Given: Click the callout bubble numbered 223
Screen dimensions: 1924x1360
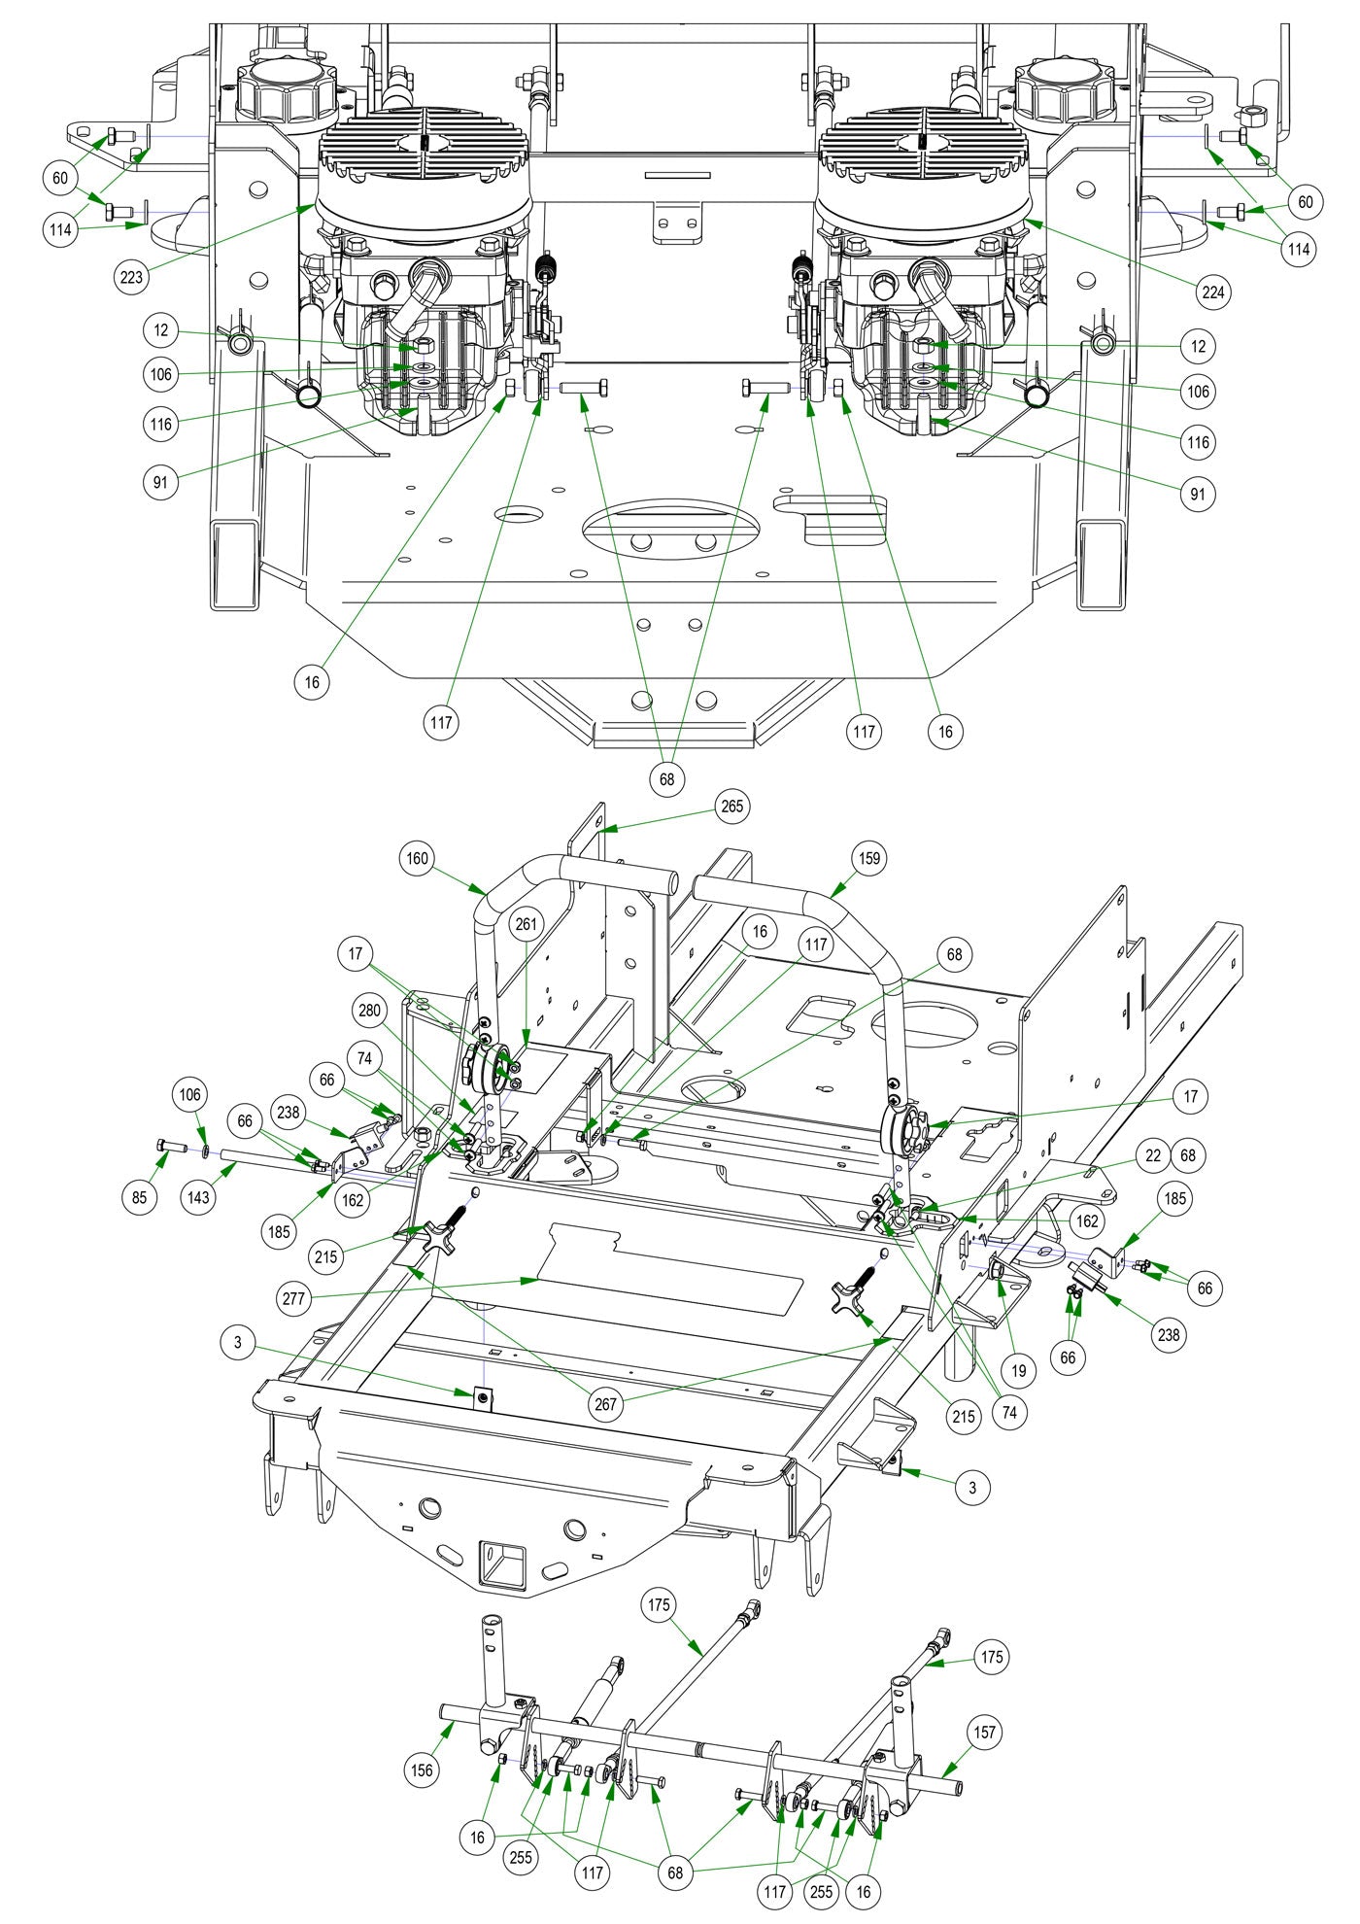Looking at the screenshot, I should [131, 277].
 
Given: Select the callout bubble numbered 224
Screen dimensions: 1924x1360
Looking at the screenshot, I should [1213, 292].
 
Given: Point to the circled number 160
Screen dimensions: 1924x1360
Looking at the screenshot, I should [418, 858].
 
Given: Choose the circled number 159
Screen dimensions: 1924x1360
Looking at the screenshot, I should [868, 858].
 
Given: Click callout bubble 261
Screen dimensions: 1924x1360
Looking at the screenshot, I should [526, 923].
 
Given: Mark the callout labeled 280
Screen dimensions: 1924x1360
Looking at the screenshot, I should [369, 1011].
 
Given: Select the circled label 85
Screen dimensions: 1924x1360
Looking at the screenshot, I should [140, 1197].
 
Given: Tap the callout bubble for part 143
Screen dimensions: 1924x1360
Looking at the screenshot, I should [198, 1197].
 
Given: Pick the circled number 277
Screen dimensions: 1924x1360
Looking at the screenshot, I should [294, 1298].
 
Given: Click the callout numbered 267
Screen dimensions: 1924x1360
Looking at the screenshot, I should [605, 1403].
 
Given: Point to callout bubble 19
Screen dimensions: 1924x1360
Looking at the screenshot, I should [1019, 1371].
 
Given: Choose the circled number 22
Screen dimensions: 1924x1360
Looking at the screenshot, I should [1153, 1156].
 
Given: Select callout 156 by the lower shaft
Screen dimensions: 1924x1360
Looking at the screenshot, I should [422, 1769].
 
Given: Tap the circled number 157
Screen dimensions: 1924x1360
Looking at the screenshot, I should [984, 1732].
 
